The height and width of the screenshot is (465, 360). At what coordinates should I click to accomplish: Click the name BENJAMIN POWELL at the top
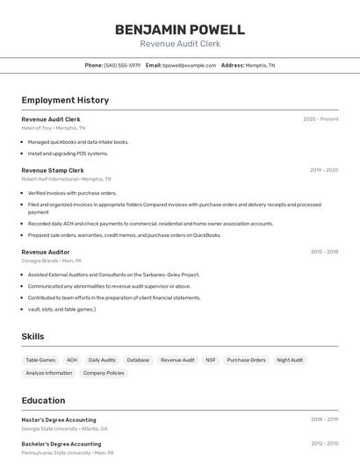180,30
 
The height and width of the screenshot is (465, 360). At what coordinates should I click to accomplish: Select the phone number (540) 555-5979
122,65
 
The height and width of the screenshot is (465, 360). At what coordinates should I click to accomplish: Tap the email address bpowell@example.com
189,65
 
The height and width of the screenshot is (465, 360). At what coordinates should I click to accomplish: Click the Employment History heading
65,100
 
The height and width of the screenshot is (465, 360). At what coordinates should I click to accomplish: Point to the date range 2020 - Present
320,119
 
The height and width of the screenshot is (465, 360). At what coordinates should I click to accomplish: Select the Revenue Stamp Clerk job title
53,170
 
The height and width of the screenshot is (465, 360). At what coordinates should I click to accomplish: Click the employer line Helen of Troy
54,128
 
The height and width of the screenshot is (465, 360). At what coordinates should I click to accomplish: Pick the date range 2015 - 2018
324,252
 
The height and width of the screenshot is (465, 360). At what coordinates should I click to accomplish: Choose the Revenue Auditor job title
46,252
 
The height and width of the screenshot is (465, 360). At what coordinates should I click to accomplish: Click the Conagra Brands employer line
52,261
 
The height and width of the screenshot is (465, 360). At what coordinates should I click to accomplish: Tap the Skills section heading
32,336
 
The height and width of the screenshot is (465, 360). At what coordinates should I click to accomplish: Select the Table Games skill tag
40,360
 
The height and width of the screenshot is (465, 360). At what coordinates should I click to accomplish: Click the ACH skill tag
72,360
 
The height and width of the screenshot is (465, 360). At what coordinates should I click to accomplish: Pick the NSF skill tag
211,360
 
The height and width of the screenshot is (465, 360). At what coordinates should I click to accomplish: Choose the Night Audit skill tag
290,360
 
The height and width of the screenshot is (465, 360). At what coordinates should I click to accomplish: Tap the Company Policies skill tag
104,373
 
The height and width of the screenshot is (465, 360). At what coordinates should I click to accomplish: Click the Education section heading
43,401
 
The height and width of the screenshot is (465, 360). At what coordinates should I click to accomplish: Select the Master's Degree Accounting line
59,420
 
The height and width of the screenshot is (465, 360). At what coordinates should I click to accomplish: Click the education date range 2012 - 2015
324,444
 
